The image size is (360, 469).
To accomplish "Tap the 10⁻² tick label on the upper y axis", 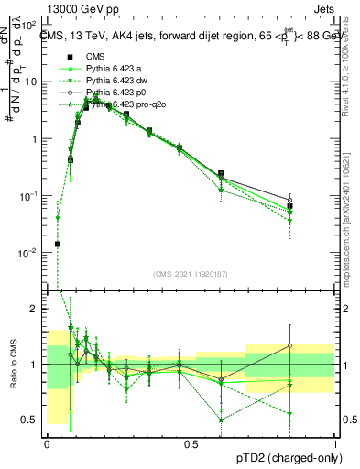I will tap(31, 252).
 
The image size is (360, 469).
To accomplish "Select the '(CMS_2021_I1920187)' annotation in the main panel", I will tap(190, 273).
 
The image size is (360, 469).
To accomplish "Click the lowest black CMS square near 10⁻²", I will tap(58, 244).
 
